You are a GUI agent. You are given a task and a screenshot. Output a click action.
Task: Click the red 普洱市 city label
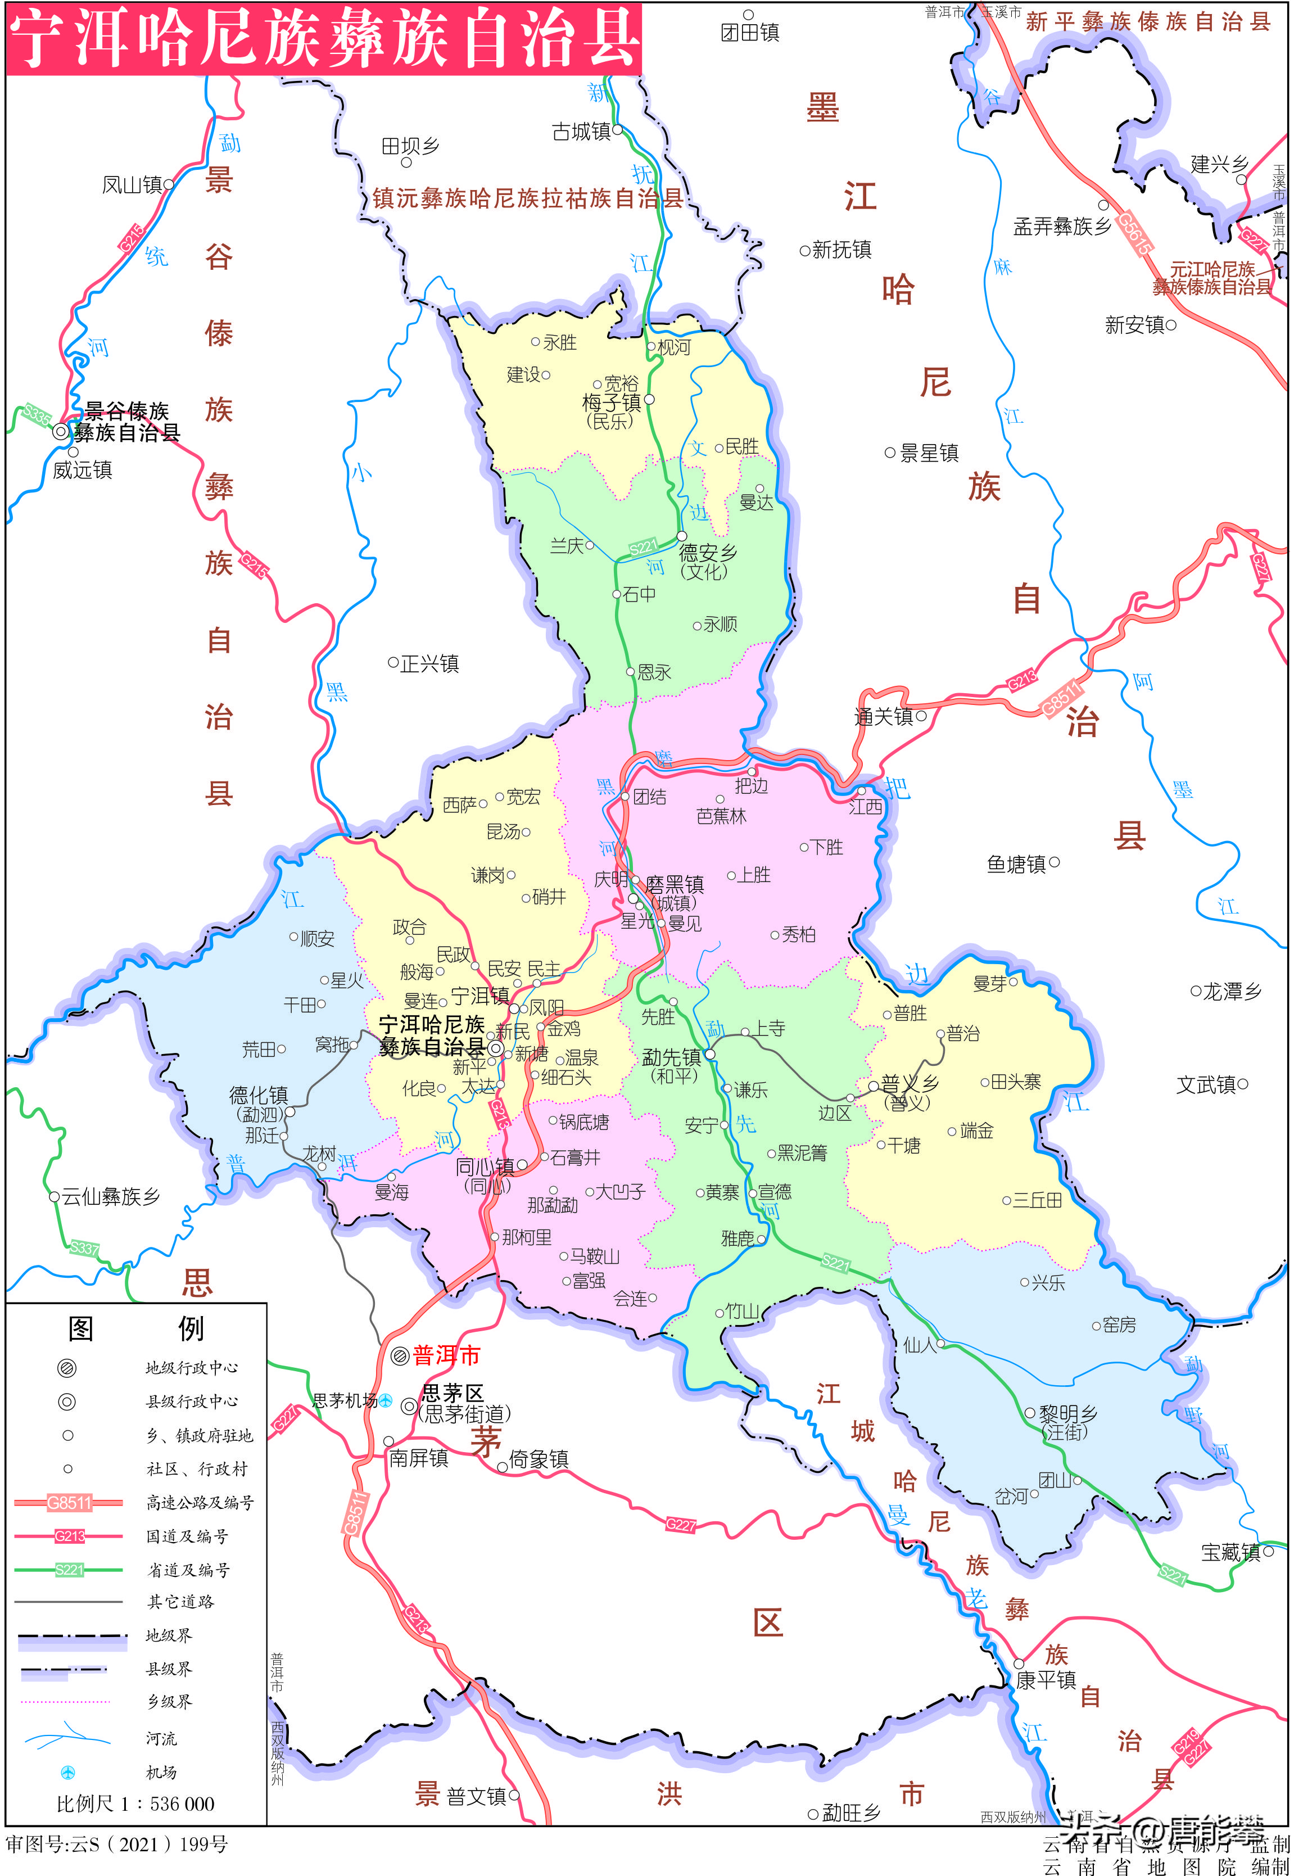click(446, 1355)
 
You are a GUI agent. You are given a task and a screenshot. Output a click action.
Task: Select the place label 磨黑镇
click(675, 884)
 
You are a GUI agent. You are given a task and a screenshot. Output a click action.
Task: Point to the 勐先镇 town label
click(671, 1056)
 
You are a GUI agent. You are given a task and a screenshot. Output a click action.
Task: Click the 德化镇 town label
click(259, 1095)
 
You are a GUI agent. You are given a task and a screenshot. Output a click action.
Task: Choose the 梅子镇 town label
click(612, 402)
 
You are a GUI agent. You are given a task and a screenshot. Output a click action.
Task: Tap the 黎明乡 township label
click(1068, 1413)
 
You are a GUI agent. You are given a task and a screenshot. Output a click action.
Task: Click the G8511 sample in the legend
click(69, 1502)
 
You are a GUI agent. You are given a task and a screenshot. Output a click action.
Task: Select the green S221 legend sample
click(69, 1570)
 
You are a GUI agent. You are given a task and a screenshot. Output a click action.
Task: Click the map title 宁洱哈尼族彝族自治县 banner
click(324, 39)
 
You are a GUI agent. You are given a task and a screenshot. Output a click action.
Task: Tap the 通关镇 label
click(883, 716)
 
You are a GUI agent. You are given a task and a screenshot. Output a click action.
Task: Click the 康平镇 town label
click(1046, 1680)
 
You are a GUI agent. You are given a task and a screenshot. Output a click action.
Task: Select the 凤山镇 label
click(132, 185)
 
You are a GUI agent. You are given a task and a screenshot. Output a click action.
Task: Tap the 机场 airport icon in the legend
click(68, 1772)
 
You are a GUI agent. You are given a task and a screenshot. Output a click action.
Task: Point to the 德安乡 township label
click(708, 553)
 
